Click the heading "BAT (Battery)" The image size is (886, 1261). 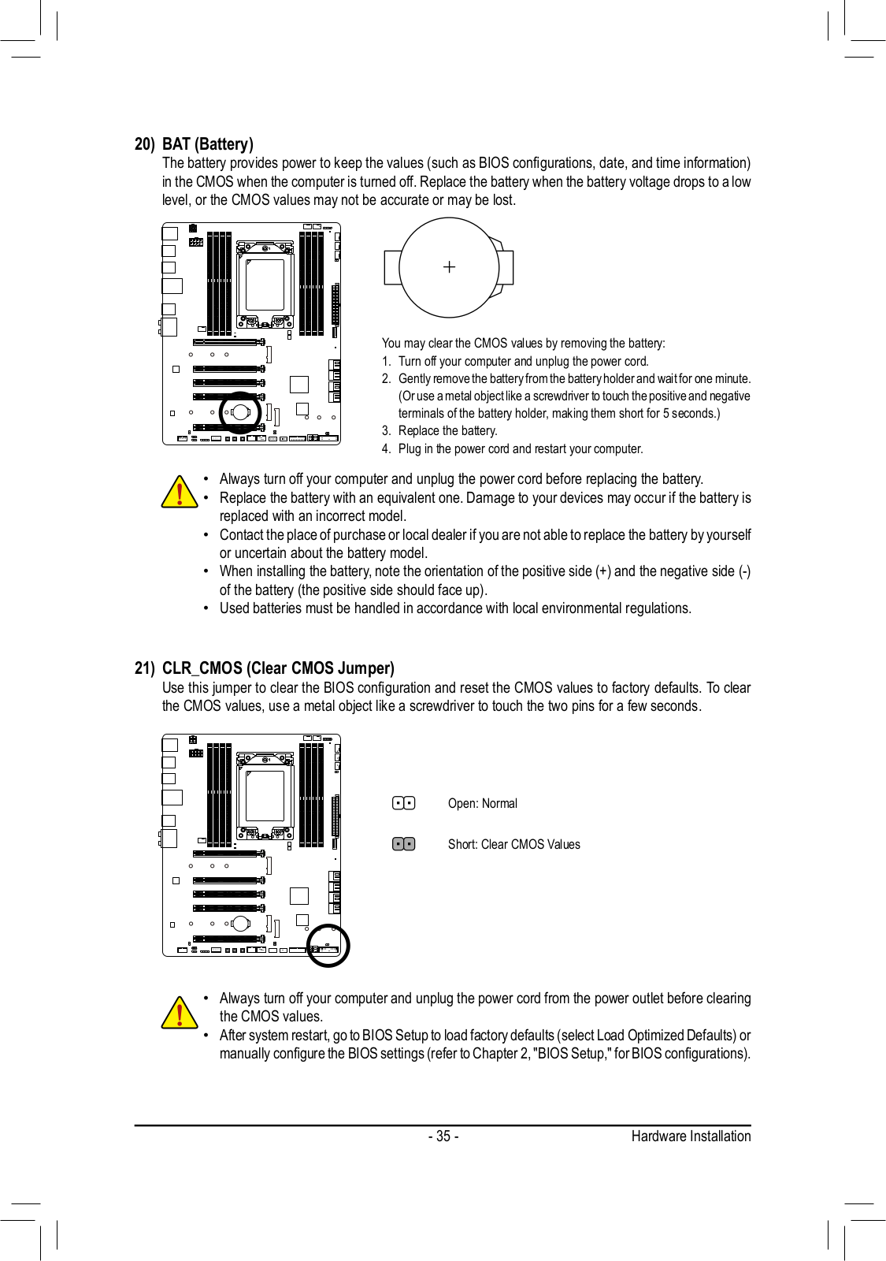207,144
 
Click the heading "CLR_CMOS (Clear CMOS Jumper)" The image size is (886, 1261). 278,668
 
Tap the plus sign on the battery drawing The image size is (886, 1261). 449,267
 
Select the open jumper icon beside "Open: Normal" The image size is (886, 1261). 403,803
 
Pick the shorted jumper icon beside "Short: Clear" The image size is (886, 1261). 403,844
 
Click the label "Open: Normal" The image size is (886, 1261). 482,804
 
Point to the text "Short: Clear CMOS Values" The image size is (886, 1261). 513,844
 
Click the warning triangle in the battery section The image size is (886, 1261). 180,492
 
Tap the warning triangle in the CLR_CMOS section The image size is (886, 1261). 180,1013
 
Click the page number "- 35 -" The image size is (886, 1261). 443,1136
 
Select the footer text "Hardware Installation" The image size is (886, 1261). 691,1136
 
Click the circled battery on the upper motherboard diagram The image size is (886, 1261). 240,412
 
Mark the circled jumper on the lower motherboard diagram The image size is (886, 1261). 328,945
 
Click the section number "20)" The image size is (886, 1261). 144,144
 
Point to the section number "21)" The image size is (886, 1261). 144,668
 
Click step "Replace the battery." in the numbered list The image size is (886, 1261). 447,431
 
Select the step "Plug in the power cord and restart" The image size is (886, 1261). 520,449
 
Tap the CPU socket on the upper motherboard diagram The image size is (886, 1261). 265,285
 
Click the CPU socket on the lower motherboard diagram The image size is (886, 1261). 265,796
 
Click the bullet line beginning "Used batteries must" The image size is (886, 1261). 455,608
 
